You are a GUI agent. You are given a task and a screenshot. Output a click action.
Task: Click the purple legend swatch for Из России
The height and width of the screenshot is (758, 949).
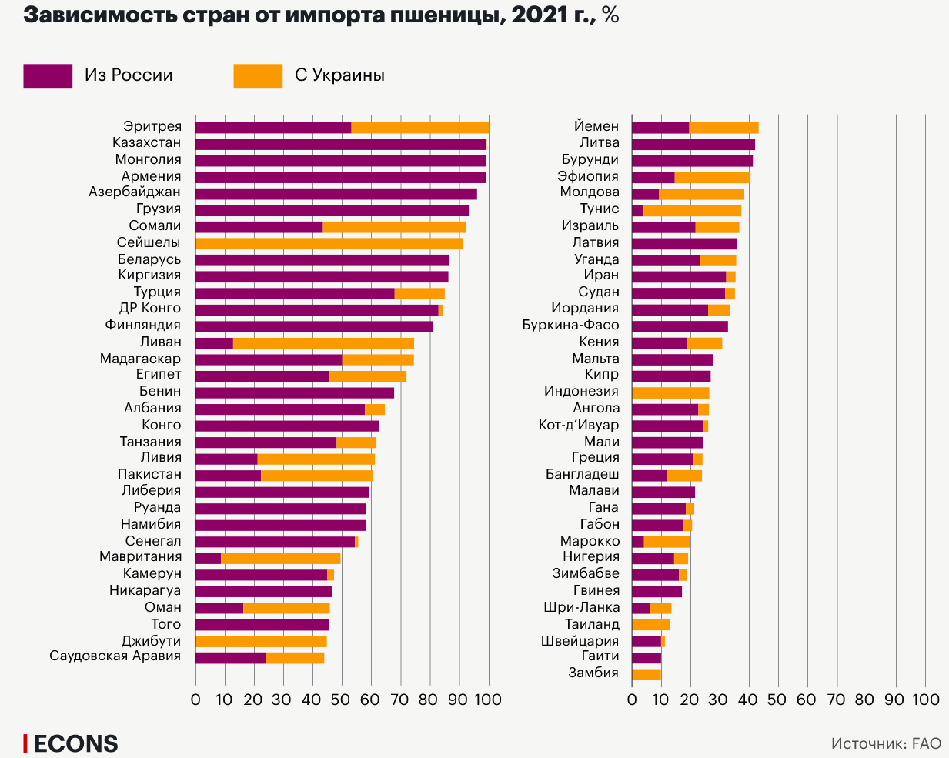point(48,75)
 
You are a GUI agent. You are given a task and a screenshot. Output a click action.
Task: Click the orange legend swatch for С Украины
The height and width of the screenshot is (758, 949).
point(258,75)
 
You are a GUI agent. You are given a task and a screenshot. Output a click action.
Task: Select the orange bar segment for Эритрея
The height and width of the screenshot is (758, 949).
point(419,128)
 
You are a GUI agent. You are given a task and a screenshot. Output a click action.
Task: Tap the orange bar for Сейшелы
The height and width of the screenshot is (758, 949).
point(329,243)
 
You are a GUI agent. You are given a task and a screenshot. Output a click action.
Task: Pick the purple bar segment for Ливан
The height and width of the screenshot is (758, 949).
point(214,342)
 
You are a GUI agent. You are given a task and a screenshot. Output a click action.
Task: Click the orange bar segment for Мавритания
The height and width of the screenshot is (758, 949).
point(280,558)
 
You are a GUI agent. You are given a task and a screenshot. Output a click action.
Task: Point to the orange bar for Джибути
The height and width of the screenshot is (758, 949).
point(261,641)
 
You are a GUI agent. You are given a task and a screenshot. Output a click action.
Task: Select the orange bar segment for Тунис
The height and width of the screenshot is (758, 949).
point(692,210)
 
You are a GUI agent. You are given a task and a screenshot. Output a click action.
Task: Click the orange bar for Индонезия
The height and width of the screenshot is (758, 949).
point(670,392)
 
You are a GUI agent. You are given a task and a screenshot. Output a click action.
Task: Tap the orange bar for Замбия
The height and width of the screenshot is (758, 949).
point(647,674)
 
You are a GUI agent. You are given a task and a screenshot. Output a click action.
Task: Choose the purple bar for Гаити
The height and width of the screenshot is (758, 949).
point(647,657)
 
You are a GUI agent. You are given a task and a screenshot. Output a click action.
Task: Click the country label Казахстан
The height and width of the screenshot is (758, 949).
point(146,143)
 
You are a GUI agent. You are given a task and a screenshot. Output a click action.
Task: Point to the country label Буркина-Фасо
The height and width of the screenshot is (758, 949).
point(570,326)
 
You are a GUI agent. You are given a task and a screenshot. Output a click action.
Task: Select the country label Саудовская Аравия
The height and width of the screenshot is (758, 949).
point(115,656)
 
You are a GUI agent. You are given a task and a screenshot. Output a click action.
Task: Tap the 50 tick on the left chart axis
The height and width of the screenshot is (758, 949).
point(342,700)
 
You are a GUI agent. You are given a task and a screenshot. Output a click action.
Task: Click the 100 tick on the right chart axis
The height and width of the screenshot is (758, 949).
point(925,700)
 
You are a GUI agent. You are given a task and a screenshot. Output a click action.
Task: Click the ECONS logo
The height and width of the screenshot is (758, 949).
point(71,743)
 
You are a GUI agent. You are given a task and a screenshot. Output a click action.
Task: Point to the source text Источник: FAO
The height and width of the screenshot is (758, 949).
point(886,743)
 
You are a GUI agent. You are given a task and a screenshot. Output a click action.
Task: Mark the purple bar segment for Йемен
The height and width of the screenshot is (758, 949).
point(660,128)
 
